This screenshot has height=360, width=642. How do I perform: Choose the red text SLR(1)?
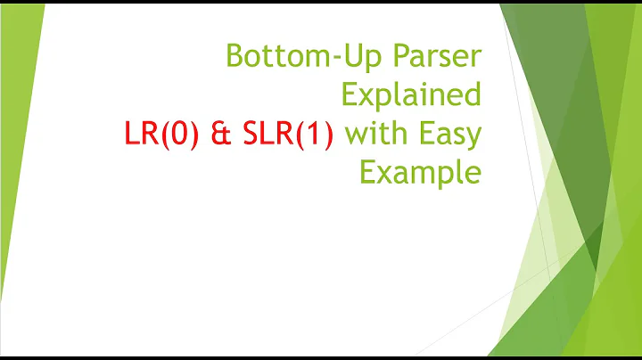[x=284, y=135]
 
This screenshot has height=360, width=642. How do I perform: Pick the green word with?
[x=374, y=135]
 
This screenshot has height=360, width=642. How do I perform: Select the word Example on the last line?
[x=419, y=172]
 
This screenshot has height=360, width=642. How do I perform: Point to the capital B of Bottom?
[x=235, y=56]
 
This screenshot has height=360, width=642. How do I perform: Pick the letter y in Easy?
[x=473, y=138]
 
